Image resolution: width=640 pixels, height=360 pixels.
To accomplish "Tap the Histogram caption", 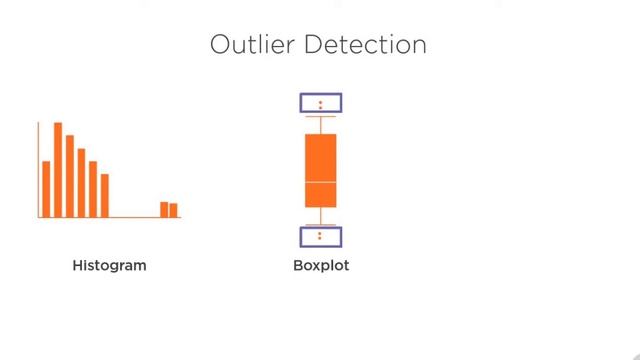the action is coord(110,266).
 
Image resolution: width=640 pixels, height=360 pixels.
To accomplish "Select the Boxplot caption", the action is coord(321,266).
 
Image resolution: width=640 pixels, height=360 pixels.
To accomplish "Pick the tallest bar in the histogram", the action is coord(58,170).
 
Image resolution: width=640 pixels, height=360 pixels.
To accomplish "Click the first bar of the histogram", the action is coord(46,189).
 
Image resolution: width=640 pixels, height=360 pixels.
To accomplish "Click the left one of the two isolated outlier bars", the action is coord(164,209).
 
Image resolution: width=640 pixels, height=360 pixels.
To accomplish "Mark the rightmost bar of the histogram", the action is coord(174,210).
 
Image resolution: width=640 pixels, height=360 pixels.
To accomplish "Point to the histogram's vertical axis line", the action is coord(39,170).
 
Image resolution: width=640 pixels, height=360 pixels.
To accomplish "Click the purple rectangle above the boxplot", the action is coord(321,102).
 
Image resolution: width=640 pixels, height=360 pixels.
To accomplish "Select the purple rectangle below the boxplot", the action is coord(321,237).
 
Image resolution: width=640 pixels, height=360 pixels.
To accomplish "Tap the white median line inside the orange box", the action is coord(321,183).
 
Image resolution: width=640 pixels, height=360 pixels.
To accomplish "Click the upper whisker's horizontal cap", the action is coord(321,117).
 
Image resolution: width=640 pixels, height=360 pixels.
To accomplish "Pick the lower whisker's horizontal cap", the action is coord(321,223).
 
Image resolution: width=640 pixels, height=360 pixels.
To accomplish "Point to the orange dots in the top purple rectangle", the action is coord(321,103).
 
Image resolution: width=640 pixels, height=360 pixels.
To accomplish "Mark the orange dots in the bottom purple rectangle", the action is coord(321,237).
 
